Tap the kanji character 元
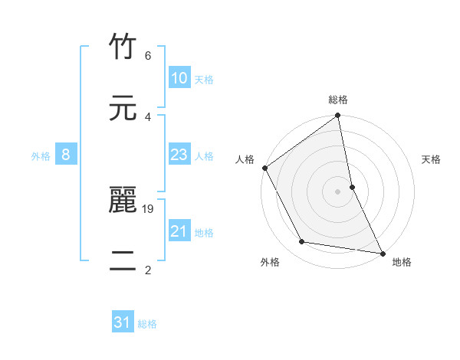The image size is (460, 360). [x=123, y=108]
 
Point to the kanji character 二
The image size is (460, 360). [x=123, y=261]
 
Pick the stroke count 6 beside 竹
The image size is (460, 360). [x=148, y=56]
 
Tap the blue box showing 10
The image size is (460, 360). [x=179, y=78]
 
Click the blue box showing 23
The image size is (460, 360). [x=179, y=155]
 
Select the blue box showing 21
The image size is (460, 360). [x=179, y=231]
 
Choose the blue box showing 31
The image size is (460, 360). [x=123, y=323]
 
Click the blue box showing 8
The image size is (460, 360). [x=66, y=155]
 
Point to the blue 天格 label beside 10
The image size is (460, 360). [x=204, y=79]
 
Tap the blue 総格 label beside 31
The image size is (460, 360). [x=147, y=324]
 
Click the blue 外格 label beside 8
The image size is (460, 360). [x=41, y=156]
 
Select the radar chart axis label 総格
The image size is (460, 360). [x=338, y=100]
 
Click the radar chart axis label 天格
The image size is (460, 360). [x=431, y=159]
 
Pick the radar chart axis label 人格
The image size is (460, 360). [x=245, y=159]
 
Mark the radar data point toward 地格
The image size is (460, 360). [x=382, y=252]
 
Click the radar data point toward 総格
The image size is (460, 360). [x=338, y=116]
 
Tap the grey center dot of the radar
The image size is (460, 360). [x=338, y=191]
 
